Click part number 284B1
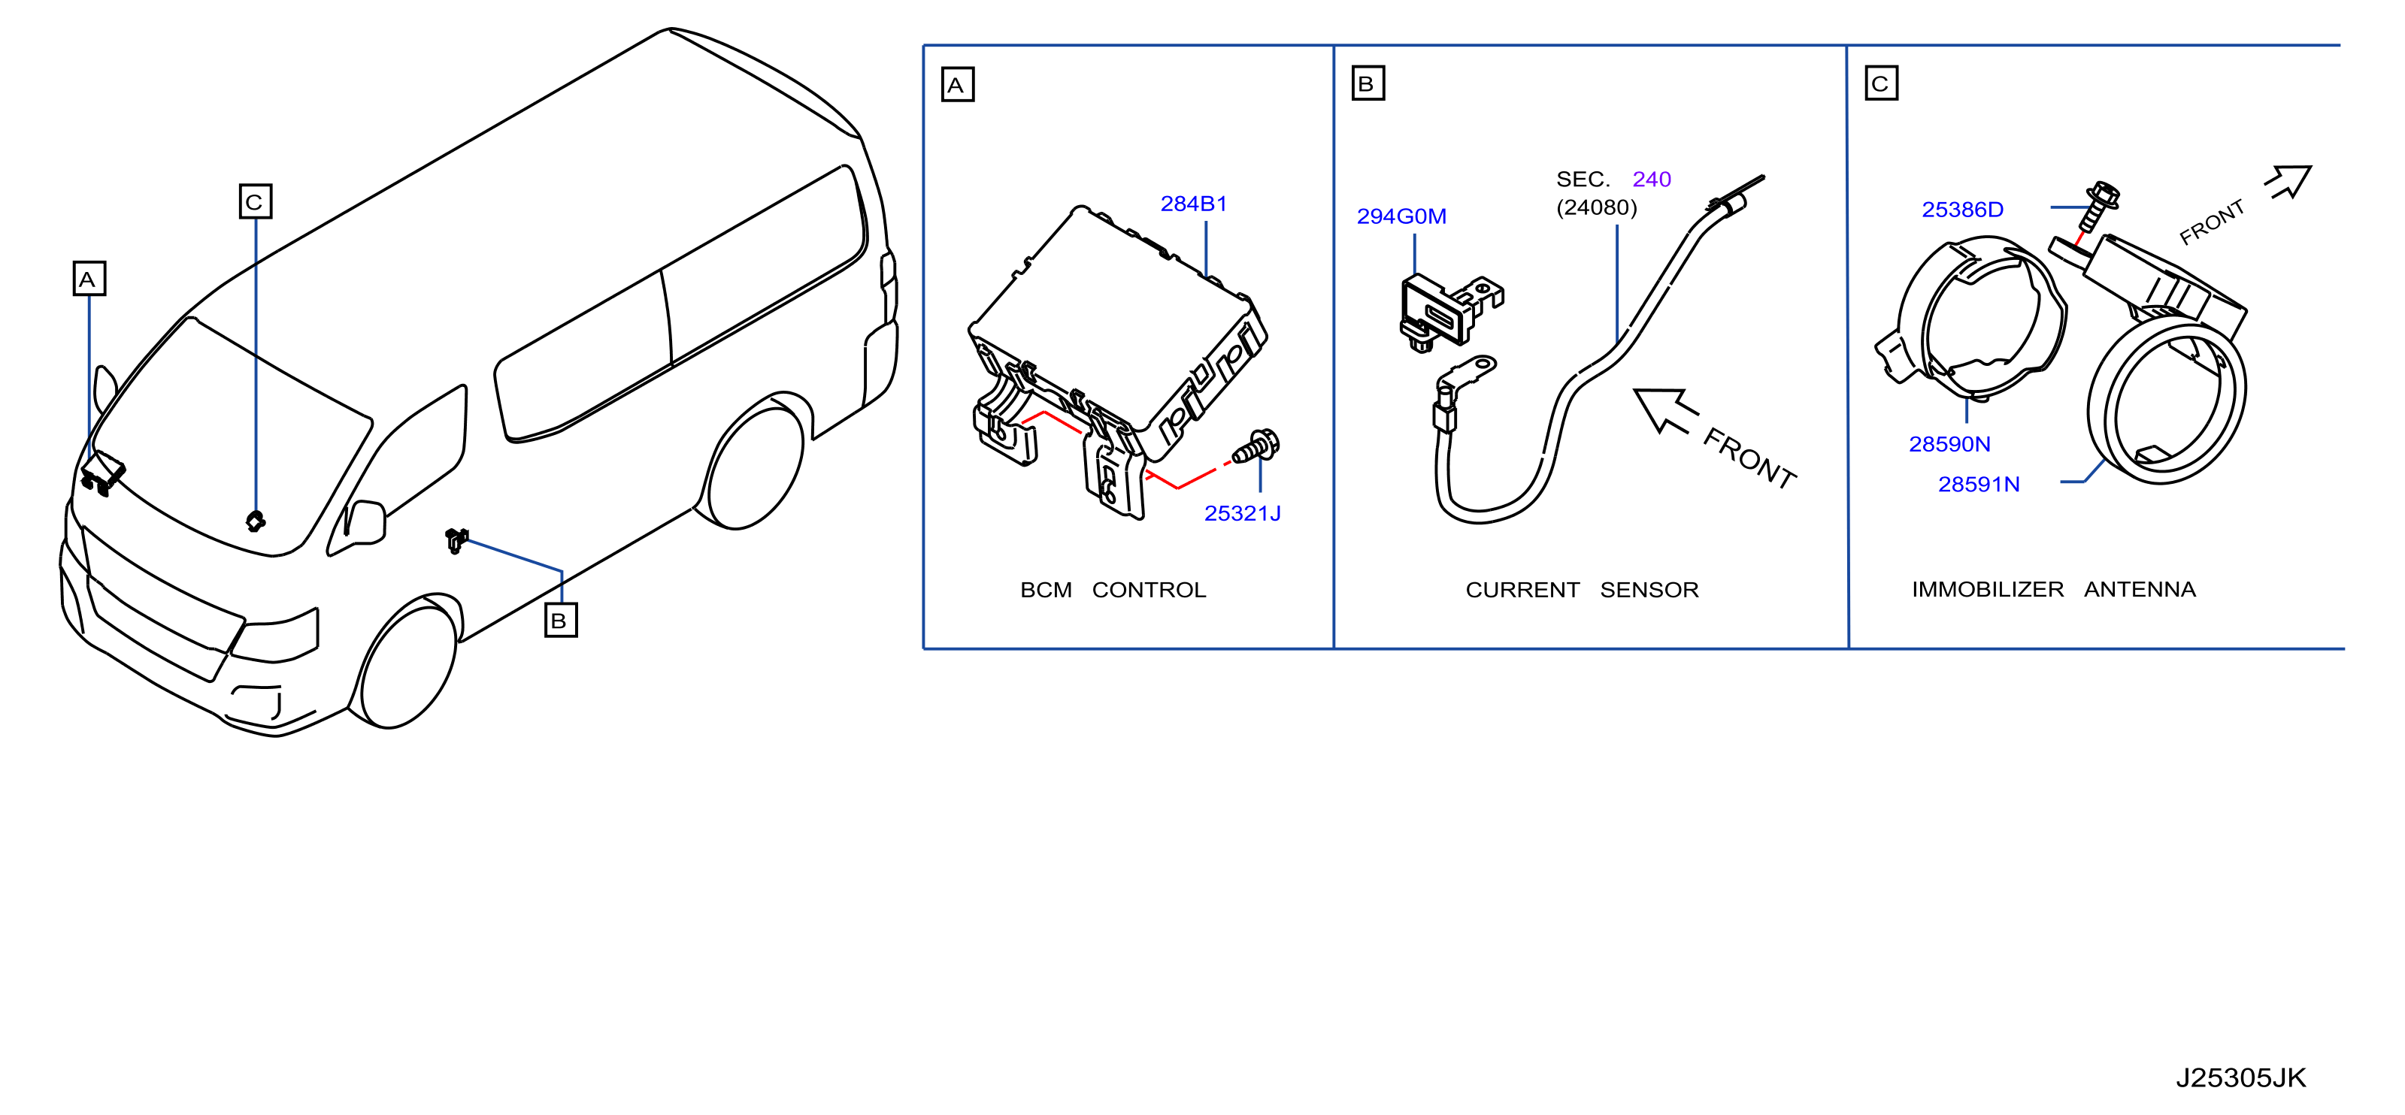1193,204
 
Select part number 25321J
1242,513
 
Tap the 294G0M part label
1401,216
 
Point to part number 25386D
1962,209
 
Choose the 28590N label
1949,444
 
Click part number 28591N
1978,485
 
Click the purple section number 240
1652,179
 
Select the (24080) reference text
1597,207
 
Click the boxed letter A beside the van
89,278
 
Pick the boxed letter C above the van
255,201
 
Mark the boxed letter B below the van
560,621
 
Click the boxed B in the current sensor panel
1368,83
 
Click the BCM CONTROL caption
1113,590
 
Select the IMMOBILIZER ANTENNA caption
2053,590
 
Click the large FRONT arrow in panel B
1665,410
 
